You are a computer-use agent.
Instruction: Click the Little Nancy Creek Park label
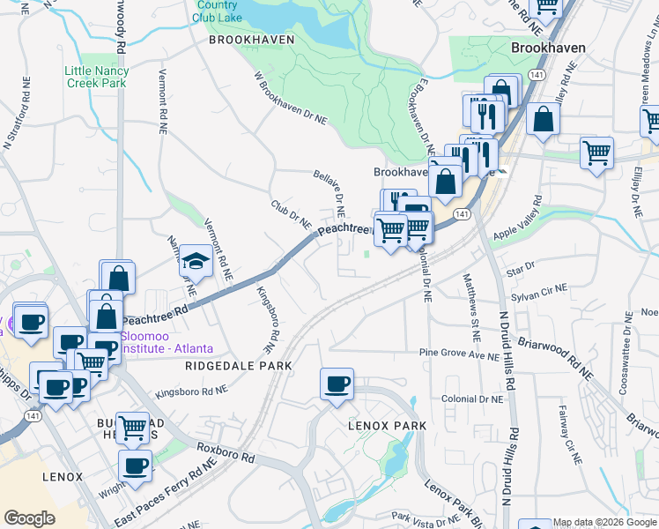(97, 77)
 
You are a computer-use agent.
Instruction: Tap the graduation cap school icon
(195, 260)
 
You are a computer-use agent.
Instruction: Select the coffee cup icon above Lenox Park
(337, 384)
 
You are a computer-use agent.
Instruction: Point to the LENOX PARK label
(386, 426)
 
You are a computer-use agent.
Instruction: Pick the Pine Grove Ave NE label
(459, 354)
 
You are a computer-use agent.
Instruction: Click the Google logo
(29, 518)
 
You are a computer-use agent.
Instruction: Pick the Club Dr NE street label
(291, 212)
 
